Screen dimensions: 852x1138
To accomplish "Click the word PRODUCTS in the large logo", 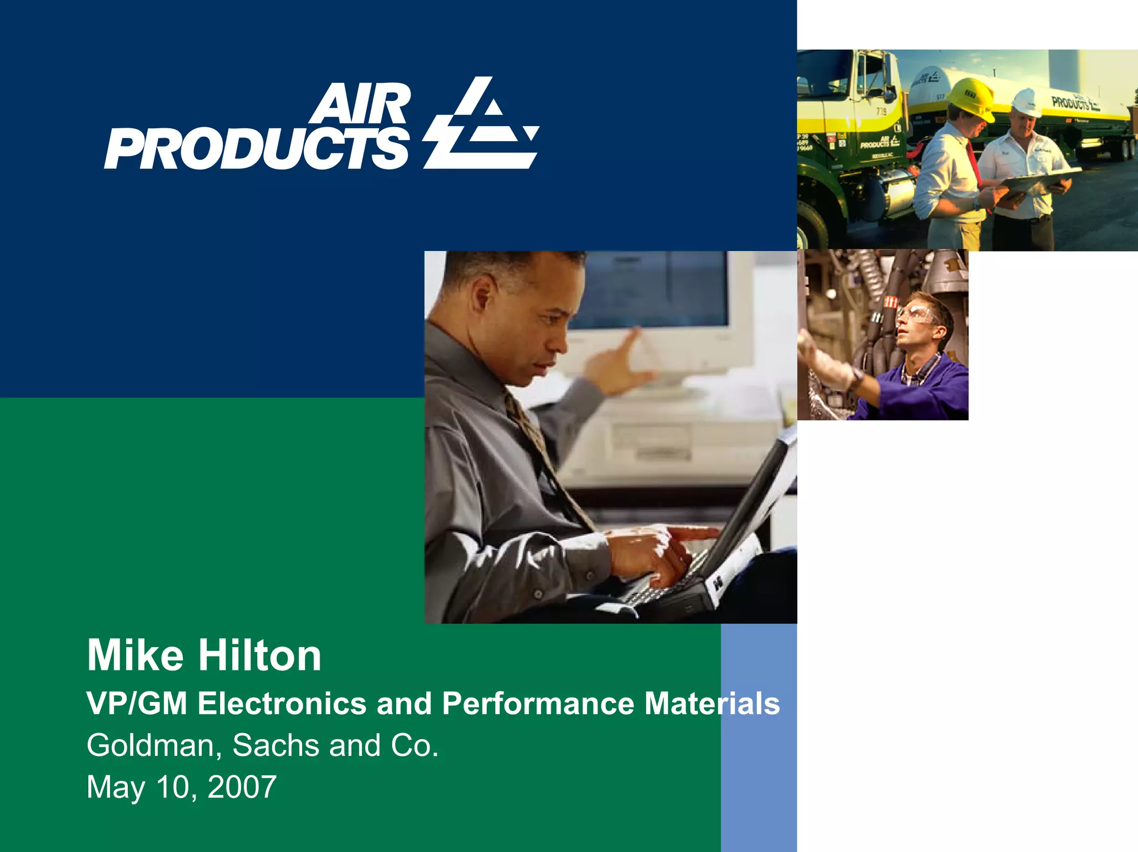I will pos(257,149).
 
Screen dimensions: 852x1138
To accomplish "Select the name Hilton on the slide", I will pos(260,656).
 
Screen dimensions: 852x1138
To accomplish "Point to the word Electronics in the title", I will pos(282,704).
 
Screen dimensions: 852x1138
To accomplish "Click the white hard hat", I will pos(1026,103).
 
